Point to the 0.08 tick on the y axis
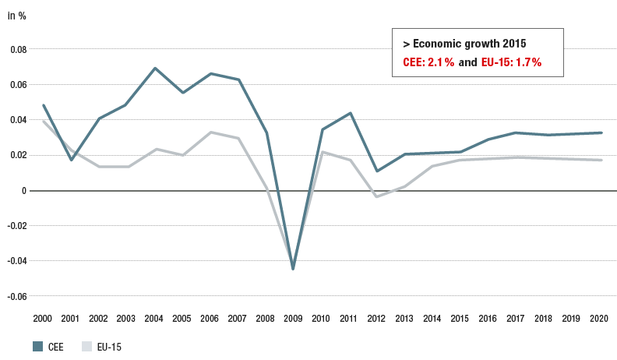pyautogui.click(x=17, y=49)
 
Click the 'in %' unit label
pyautogui.click(x=17, y=16)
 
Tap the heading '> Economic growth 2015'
pyautogui.click(x=458, y=44)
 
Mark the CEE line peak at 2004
pyautogui.click(x=155, y=68)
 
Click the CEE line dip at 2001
pyautogui.click(x=71, y=160)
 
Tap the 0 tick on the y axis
pyautogui.click(x=23, y=190)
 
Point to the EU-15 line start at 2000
pyautogui.click(x=43, y=121)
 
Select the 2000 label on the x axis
pyautogui.click(x=43, y=319)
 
